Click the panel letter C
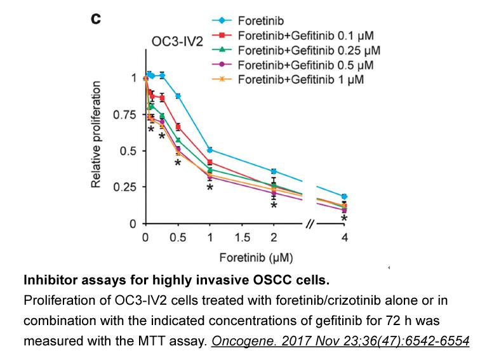pyautogui.click(x=96, y=19)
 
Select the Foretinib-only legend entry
pyautogui.click(x=248, y=21)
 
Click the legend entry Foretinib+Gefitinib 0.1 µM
pyautogui.click(x=293, y=36)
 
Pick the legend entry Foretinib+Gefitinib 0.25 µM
pyautogui.click(x=296, y=50)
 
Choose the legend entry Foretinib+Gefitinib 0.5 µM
pyautogui.click(x=293, y=65)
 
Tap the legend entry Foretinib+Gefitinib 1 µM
pyautogui.click(x=288, y=79)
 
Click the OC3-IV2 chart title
pyautogui.click(x=177, y=42)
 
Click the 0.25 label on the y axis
pyautogui.click(x=124, y=187)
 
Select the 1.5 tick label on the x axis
pyautogui.click(x=242, y=237)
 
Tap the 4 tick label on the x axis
pyautogui.click(x=345, y=237)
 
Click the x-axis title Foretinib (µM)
pyautogui.click(x=257, y=258)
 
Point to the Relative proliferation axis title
pyautogui.click(x=96, y=135)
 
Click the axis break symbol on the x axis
pyautogui.click(x=310, y=224)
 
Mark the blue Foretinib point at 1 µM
pyautogui.click(x=210, y=150)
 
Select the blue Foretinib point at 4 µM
pyautogui.click(x=344, y=197)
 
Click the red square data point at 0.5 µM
pyautogui.click(x=178, y=127)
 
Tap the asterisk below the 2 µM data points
pyautogui.click(x=274, y=205)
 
